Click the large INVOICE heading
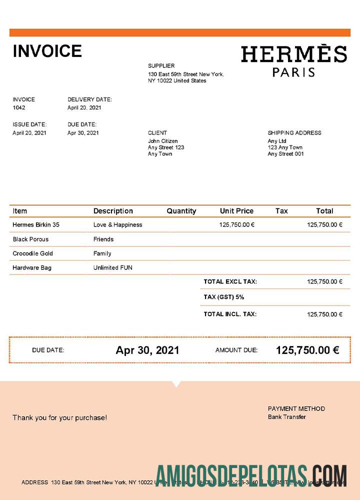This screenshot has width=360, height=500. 47,51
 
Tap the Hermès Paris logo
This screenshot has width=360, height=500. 293,61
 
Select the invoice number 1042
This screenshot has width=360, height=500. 19,107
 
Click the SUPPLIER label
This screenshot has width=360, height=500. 161,66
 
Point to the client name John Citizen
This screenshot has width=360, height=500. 162,141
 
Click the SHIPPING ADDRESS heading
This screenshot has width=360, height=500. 294,133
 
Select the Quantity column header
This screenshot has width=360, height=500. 181,211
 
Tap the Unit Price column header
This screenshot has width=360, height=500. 236,211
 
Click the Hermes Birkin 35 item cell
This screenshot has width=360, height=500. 36,225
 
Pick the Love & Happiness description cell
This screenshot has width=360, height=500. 117,225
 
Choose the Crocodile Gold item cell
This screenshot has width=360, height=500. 33,253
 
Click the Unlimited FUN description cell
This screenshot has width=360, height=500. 113,268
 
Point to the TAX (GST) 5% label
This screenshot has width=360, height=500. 224,297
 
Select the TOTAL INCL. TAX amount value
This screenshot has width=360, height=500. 324,314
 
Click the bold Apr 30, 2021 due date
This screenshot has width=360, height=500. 147,350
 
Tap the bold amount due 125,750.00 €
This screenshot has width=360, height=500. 307,350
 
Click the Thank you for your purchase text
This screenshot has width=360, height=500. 59,417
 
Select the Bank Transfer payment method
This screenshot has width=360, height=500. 287,417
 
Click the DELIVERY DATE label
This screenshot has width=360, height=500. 89,99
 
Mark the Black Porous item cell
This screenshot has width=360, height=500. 30,239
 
